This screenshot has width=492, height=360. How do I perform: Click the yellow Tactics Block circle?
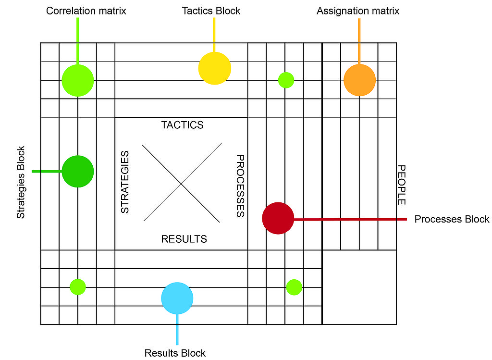coord(215,68)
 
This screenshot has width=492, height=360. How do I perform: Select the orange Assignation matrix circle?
coord(359,80)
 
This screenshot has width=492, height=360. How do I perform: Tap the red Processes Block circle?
coord(278,218)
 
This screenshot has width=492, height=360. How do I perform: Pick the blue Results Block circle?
coord(177,298)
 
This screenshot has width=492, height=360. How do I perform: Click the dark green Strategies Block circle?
coord(78,171)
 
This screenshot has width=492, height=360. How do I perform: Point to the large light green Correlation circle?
coord(78,80)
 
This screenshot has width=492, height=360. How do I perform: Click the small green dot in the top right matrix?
coord(286,80)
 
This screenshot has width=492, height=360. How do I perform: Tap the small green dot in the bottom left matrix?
coord(78,287)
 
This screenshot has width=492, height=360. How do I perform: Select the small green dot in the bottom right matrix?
coord(294,287)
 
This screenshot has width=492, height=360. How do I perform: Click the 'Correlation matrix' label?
coord(86,11)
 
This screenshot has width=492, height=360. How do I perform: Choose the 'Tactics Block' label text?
coord(211,11)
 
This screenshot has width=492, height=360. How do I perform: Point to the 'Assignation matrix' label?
coord(358,11)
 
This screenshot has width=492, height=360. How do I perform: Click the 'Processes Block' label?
coord(452,219)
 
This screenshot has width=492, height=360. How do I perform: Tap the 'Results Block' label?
coord(175,353)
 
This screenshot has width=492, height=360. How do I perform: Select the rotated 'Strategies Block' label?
coord(21,182)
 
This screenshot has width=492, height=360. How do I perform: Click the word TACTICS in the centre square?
coord(182,125)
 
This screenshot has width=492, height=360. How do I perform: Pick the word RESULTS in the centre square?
coord(184,239)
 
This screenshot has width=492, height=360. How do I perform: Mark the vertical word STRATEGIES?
coord(124,182)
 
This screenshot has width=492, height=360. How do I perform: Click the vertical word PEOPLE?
coord(402,185)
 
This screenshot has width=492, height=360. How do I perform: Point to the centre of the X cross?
coord(181,183)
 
